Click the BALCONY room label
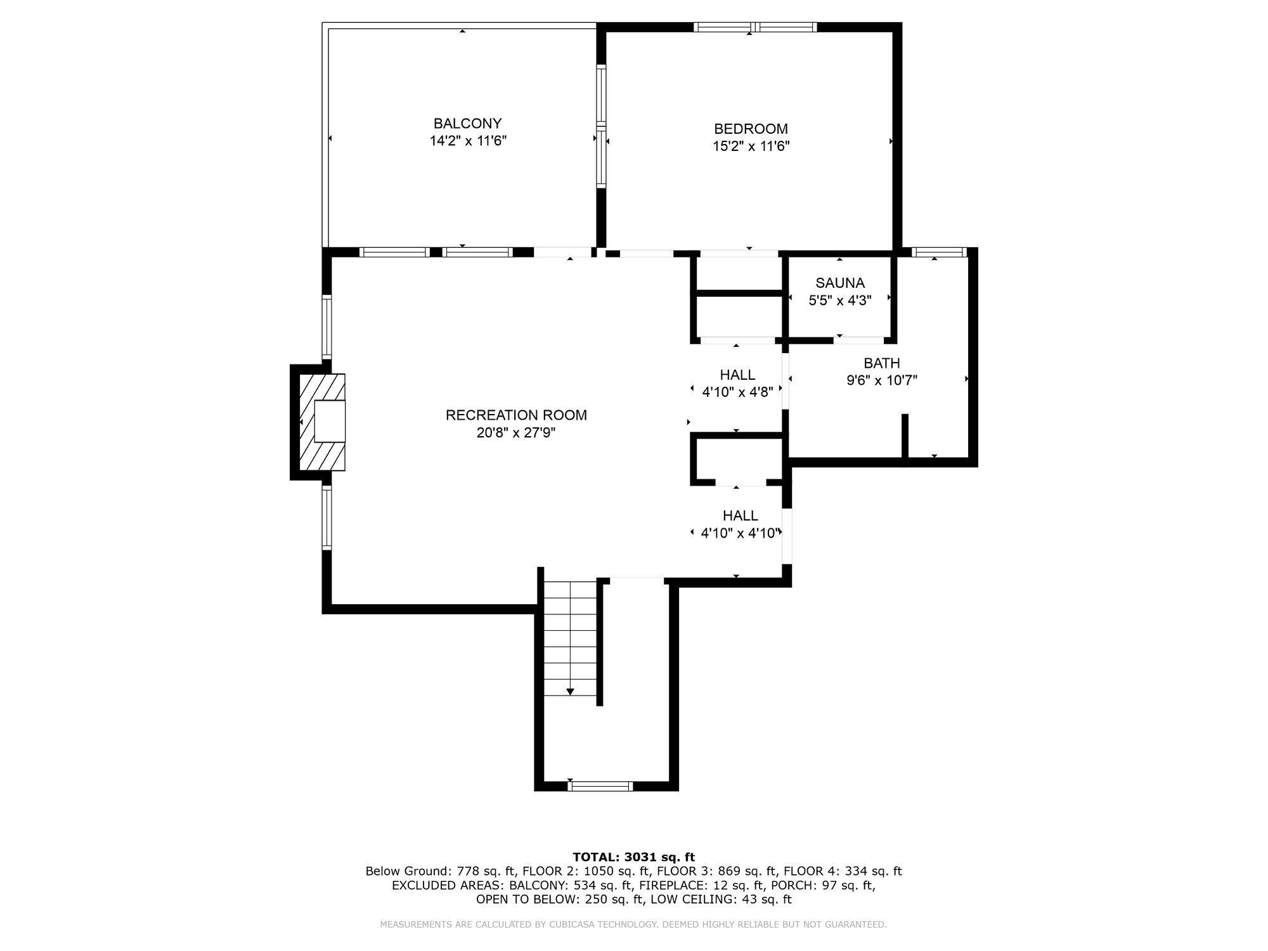[x=467, y=124]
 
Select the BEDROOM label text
[x=751, y=129]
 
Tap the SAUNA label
[x=840, y=283]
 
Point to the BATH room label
[x=882, y=363]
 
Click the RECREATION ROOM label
[x=516, y=415]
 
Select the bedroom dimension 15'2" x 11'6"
[x=751, y=146]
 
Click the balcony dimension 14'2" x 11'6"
[x=468, y=141]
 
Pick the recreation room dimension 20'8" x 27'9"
[x=516, y=433]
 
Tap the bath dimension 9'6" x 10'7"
[x=882, y=380]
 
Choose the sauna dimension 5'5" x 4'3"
[x=840, y=301]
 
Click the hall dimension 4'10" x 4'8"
[x=737, y=392]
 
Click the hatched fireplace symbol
[x=322, y=422]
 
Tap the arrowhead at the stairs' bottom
[x=570, y=692]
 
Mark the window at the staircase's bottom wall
[x=600, y=786]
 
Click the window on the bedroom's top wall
[x=754, y=27]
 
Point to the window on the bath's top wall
[x=939, y=252]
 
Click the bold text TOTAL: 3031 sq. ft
[x=634, y=857]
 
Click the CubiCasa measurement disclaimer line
[x=634, y=924]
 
